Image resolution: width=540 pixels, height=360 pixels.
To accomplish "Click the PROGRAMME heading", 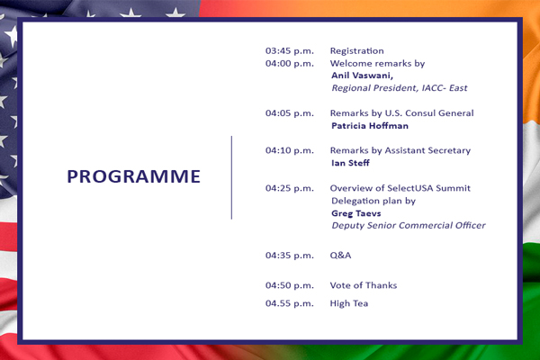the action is click(x=133, y=176).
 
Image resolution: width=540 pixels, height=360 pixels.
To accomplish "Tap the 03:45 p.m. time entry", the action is click(x=290, y=51).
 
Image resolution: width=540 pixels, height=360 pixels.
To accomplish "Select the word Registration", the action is click(x=356, y=51).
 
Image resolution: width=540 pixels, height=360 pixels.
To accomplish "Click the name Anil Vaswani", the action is click(x=362, y=76).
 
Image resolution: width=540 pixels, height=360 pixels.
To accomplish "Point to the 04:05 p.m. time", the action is click(x=290, y=113).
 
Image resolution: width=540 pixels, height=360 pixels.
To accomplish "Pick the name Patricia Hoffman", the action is click(x=370, y=126).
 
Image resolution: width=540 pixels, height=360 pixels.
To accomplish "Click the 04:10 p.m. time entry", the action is click(x=290, y=150).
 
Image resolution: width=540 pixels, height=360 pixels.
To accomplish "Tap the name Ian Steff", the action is click(x=350, y=163).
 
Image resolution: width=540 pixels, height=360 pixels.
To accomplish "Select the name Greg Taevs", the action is click(x=356, y=213).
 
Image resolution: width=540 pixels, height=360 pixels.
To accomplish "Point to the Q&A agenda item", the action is click(x=340, y=256).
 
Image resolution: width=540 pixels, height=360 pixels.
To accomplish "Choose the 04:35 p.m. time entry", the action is click(x=290, y=256).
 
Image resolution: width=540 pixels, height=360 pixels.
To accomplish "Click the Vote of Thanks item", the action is click(x=364, y=285).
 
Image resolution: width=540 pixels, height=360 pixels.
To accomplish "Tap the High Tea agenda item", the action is click(x=349, y=303).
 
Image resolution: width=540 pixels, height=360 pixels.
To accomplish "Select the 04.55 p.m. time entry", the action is click(x=290, y=303).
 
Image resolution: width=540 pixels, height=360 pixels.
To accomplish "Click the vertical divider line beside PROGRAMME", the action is click(x=231, y=177).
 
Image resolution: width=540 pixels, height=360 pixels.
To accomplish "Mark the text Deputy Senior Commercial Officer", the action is click(x=409, y=226).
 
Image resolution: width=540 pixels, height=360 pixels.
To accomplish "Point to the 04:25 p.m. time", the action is click(x=290, y=188).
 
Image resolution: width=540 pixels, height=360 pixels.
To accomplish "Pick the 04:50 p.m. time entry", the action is click(x=290, y=285).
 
